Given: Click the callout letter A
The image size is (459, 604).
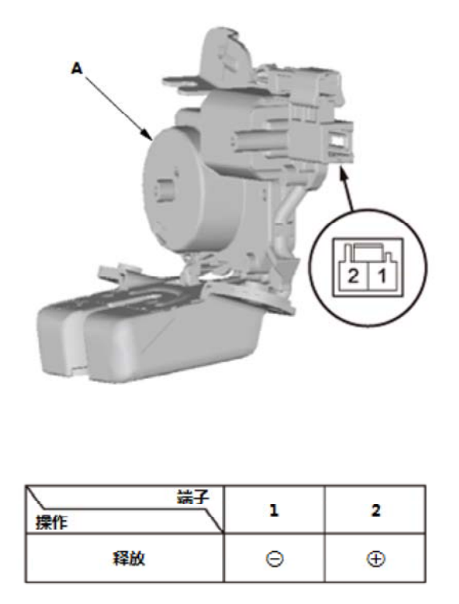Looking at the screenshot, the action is (77, 69).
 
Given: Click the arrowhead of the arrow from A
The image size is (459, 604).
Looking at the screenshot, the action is (148, 135).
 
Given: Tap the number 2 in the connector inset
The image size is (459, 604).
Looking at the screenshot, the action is (353, 276).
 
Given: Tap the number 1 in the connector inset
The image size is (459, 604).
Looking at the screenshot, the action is (382, 276).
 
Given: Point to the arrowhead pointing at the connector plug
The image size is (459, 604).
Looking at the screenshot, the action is (342, 173).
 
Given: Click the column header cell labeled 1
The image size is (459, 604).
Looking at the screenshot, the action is (275, 510).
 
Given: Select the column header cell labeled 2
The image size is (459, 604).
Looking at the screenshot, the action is (375, 510).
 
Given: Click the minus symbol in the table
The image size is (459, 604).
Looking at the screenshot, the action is (275, 558).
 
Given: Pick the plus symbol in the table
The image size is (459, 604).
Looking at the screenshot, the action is (375, 558).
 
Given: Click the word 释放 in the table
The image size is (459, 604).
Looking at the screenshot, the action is (129, 558).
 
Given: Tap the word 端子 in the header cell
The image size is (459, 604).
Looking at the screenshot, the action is (192, 497).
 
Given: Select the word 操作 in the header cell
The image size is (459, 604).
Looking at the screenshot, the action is (52, 523).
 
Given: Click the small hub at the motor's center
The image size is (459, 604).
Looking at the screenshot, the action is (164, 189).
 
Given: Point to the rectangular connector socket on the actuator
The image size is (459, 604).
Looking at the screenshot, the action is (338, 140).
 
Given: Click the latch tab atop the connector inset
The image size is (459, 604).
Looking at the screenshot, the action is (368, 252).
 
